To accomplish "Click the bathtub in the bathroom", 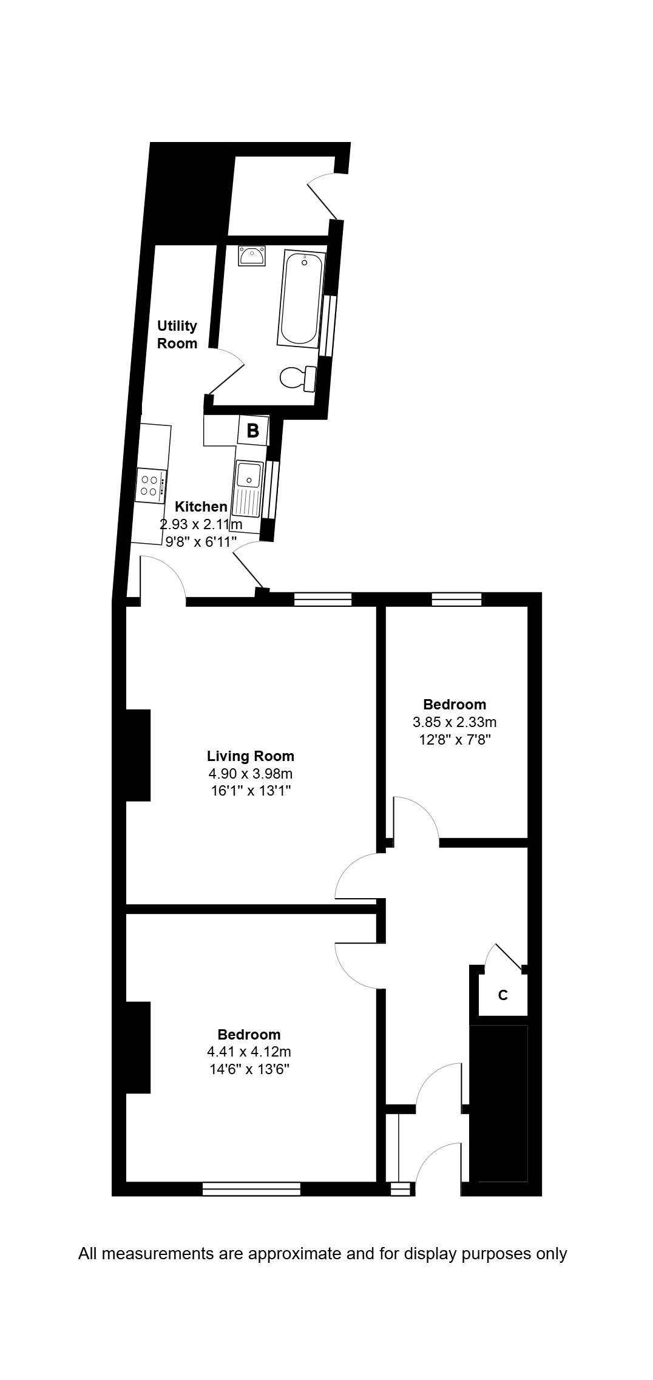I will pyautogui.click(x=301, y=299).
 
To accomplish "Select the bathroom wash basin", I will pyautogui.click(x=251, y=256).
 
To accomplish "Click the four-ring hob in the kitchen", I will pyautogui.click(x=151, y=485).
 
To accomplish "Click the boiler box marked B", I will pyautogui.click(x=252, y=431).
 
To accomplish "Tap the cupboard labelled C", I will pyautogui.click(x=502, y=995).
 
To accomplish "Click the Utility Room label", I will pyautogui.click(x=177, y=334).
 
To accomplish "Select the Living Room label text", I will pyautogui.click(x=251, y=756).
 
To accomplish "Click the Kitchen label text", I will pyautogui.click(x=201, y=507).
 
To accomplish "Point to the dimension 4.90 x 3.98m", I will pyautogui.click(x=251, y=774).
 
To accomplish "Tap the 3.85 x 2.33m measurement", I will pyautogui.click(x=455, y=722).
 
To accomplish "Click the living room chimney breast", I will pyautogui.click(x=138, y=755).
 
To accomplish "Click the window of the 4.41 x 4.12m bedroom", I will pyautogui.click(x=251, y=1189).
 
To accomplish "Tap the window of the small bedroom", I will pyautogui.click(x=456, y=600).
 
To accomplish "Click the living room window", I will pyautogui.click(x=323, y=600).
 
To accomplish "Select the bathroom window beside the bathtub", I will pyautogui.click(x=330, y=325).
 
